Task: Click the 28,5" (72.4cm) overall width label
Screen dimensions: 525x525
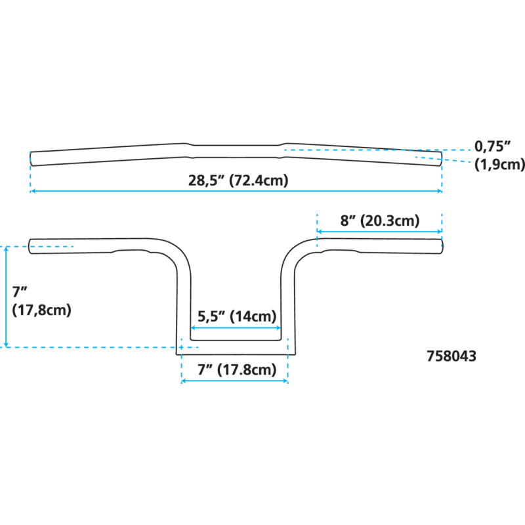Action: point(238,180)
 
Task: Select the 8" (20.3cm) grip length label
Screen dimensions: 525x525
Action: point(379,220)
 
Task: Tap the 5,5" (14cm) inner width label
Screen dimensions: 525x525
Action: point(237,316)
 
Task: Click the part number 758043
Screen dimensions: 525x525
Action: point(451,356)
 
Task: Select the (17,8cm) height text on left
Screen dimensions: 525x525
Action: point(41,309)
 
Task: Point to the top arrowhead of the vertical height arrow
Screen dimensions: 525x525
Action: point(7,250)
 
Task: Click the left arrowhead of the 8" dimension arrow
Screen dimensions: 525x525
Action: point(320,231)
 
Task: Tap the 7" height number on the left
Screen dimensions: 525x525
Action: point(16,292)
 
